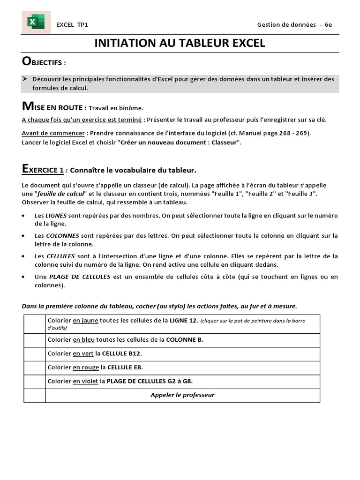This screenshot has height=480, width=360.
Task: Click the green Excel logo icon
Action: [x=36, y=22]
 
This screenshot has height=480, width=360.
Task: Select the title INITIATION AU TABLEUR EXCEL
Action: [x=180, y=43]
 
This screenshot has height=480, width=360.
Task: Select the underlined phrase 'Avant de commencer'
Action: [x=53, y=133]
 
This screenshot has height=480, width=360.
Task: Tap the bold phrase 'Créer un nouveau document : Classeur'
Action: [x=180, y=142]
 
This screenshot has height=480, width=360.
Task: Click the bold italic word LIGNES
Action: [x=57, y=216]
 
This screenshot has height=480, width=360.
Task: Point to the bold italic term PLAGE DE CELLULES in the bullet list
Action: [x=79, y=277]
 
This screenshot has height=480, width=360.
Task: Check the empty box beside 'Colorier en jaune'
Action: [x=34, y=324]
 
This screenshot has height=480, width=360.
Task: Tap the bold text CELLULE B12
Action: [x=125, y=354]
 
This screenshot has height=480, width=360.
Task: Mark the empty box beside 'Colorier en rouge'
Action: [x=34, y=367]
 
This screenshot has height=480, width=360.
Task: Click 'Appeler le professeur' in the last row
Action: [x=182, y=395]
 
